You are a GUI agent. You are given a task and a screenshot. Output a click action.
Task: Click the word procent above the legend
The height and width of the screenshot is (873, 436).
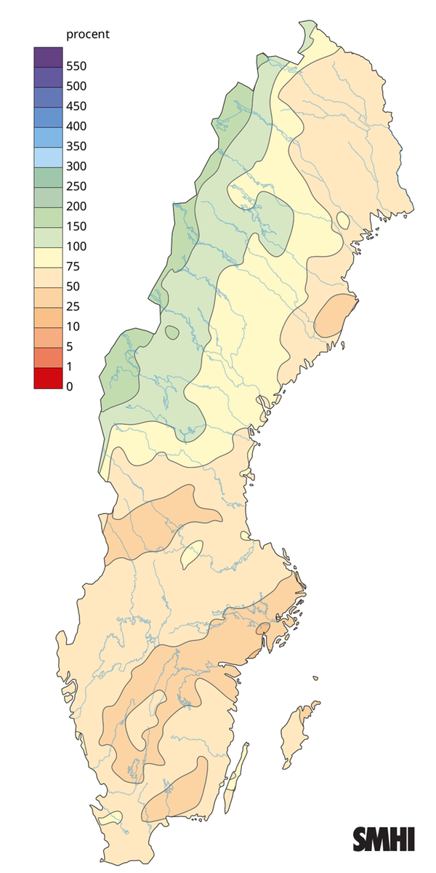click(x=87, y=35)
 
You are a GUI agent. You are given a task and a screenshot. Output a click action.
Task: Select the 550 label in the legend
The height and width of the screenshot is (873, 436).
click(x=76, y=66)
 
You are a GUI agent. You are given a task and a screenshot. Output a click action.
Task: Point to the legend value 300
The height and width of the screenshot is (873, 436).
click(x=76, y=166)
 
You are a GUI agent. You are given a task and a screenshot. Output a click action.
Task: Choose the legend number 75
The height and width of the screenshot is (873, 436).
click(x=73, y=266)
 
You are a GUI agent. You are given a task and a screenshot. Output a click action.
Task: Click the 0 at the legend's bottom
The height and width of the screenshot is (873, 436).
click(x=70, y=386)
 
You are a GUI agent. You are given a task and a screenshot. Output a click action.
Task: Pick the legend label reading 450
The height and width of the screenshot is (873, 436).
click(x=76, y=106)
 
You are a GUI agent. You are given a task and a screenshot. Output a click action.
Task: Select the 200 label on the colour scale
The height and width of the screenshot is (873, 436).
click(x=76, y=206)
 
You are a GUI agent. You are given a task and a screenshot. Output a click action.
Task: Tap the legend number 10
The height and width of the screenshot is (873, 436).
click(x=73, y=326)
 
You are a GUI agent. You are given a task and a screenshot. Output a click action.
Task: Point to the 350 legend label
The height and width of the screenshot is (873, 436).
click(x=76, y=146)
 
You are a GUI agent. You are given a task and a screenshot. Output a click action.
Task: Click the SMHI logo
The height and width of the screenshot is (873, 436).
click(x=383, y=838)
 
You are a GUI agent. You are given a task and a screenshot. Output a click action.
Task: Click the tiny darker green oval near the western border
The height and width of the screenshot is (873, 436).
click(x=172, y=332)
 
